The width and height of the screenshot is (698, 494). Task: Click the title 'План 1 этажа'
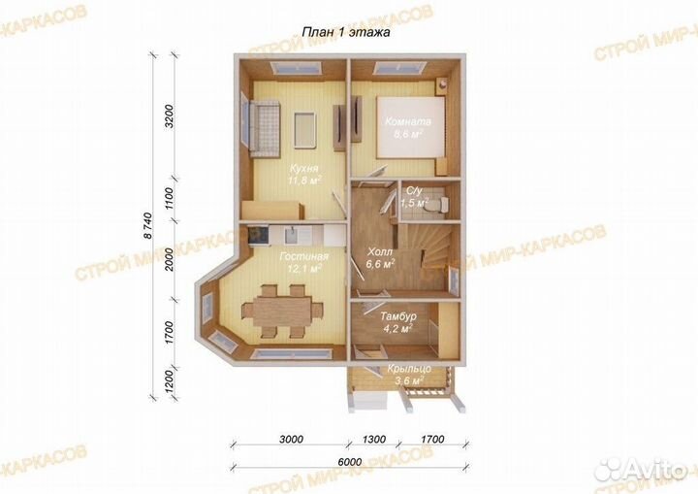[346, 32]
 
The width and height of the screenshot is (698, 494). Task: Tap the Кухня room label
[304, 169]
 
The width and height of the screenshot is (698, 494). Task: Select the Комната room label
[408, 121]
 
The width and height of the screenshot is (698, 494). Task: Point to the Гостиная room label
[304, 257]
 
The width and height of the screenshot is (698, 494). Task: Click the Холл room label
[380, 252]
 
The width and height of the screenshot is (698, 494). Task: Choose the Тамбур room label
[398, 316]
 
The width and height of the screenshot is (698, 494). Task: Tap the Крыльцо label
[409, 369]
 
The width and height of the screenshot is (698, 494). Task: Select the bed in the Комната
[411, 127]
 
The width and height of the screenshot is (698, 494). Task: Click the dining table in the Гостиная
[283, 310]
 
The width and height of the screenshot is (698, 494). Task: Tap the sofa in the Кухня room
[264, 128]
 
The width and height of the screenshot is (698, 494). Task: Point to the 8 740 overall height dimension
[148, 227]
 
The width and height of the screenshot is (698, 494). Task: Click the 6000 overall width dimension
[349, 462]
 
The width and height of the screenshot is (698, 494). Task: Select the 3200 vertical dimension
[169, 116]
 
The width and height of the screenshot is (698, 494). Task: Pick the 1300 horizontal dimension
[374, 439]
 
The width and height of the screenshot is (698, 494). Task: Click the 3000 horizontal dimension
[291, 439]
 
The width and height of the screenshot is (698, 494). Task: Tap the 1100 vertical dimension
[169, 198]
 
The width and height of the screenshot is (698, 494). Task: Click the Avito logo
[643, 469]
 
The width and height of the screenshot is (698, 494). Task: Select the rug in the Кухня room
[304, 129]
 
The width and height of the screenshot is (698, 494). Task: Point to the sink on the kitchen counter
[292, 235]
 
